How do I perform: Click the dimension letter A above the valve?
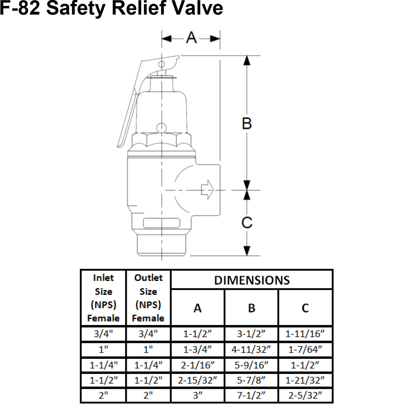pos(191,38)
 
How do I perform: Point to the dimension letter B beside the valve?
pos(247,123)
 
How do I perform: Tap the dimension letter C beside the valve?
pos(247,223)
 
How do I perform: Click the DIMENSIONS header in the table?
pos(252,280)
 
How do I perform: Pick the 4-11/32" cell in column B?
pos(251,349)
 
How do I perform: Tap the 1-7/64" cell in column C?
pos(305,349)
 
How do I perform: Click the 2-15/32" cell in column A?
pos(197,380)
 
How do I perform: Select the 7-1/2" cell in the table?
pos(251,395)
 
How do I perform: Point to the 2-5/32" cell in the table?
pos(305,395)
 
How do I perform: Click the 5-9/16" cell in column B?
pos(251,365)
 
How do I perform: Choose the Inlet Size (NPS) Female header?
pos(104,298)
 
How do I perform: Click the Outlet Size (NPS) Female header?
pos(148,298)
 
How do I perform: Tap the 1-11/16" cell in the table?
pos(305,334)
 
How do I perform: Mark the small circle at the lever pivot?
pos(162,65)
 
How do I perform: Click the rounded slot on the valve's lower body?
pos(162,223)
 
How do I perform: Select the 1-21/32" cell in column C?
pos(305,380)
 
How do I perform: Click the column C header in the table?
pos(305,308)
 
